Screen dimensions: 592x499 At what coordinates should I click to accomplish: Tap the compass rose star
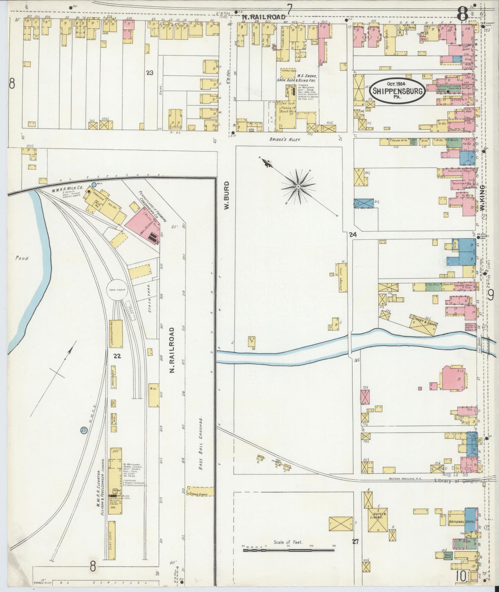pos(297,187)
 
